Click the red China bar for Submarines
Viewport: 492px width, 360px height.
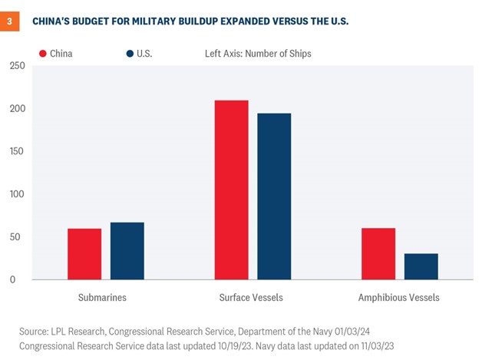pyautogui.click(x=84, y=254)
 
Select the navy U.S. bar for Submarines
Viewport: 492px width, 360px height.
pyautogui.click(x=127, y=251)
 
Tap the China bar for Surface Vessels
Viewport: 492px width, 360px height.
pyautogui.click(x=231, y=190)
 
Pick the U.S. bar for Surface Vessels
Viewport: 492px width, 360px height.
pyautogui.click(x=274, y=197)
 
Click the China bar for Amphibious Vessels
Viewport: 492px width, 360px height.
pyautogui.click(x=378, y=254)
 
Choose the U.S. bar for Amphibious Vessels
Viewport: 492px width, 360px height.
pyautogui.click(x=421, y=266)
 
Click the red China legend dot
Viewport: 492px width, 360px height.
pyautogui.click(x=43, y=54)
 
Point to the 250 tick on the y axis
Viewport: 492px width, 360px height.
pyautogui.click(x=18, y=66)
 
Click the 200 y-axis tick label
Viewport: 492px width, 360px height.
pyautogui.click(x=18, y=109)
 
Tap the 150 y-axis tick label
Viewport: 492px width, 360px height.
pyautogui.click(x=18, y=151)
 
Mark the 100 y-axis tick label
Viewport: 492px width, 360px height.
pyautogui.click(x=18, y=194)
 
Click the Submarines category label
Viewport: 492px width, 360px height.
pyautogui.click(x=102, y=297)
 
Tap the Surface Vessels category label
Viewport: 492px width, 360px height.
pyautogui.click(x=251, y=297)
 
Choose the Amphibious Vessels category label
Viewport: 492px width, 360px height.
pyautogui.click(x=399, y=297)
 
